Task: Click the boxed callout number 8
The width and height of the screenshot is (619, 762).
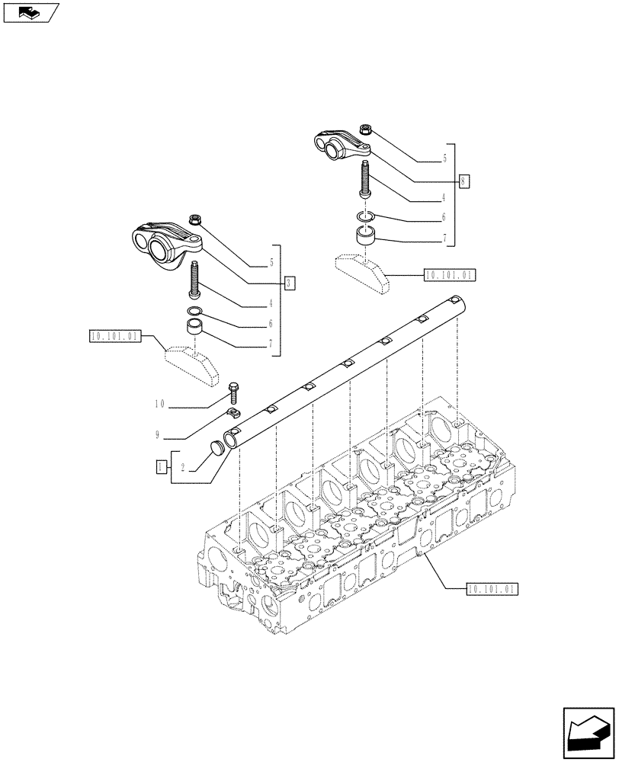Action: point(464,181)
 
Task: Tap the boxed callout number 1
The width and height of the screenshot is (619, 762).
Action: point(161,466)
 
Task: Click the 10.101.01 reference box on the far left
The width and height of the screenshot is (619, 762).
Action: point(115,335)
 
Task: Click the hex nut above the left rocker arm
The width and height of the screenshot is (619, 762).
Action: point(194,222)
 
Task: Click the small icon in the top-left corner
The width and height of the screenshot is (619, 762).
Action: point(30,12)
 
